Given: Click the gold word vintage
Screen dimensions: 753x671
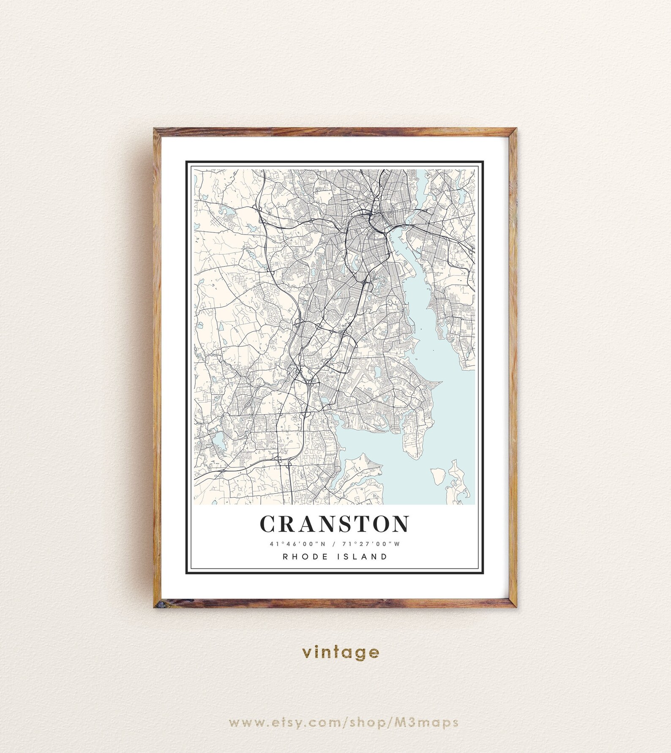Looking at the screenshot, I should pos(341,652).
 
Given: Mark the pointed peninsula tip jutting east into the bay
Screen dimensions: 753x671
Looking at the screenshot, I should pos(441,383).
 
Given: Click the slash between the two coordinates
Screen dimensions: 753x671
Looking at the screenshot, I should pos(335,544).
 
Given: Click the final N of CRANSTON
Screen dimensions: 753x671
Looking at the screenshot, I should pos(400,524).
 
